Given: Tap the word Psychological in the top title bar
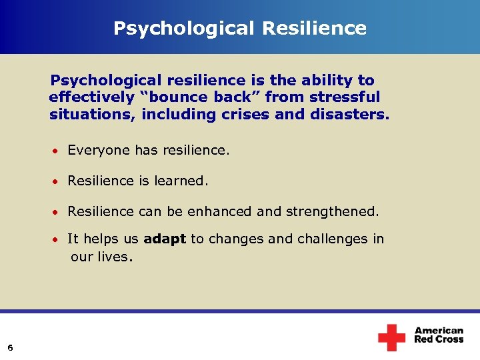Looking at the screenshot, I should [x=185, y=29].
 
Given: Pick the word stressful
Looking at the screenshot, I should [x=343, y=97].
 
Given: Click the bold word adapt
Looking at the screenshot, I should [x=165, y=239].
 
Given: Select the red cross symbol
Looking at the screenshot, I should [x=391, y=337].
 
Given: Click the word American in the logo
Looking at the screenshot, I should [x=439, y=331].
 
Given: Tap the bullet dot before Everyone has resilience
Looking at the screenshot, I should [x=58, y=151].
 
